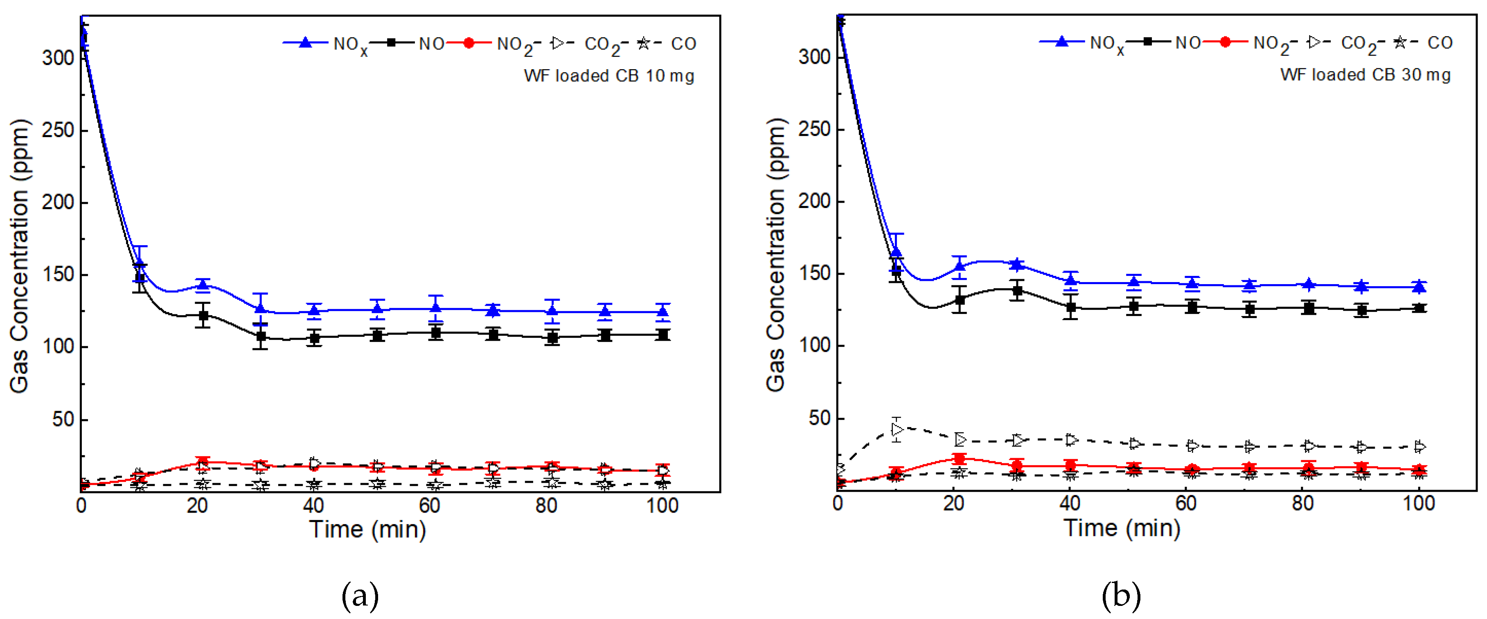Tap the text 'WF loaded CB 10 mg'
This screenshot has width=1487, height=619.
click(609, 76)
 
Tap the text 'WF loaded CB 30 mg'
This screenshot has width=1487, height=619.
click(1365, 75)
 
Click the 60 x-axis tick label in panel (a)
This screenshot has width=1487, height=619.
click(430, 506)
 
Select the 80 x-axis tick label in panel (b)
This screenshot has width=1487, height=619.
click(1303, 504)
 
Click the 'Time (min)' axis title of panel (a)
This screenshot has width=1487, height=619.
click(368, 529)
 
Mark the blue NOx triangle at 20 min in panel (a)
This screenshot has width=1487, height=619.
click(203, 284)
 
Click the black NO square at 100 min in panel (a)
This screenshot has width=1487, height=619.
click(663, 335)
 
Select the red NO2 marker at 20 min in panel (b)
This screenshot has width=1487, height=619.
click(959, 459)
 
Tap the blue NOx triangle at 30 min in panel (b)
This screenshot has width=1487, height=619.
click(1017, 264)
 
